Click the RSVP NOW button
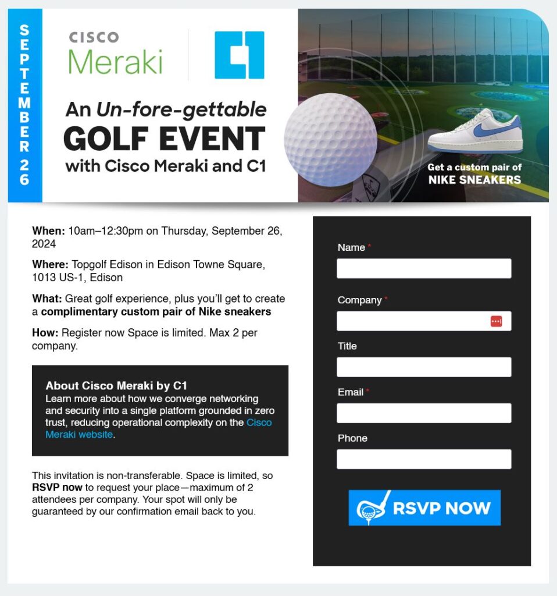pos(424,508)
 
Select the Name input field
pos(423,268)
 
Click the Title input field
pos(423,367)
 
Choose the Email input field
pos(423,413)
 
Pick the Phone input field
pos(423,459)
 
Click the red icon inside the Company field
pos(496,321)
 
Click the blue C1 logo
pos(239,55)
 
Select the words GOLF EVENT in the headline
pos(164,139)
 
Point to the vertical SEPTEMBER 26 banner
pos(24,105)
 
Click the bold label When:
pos(48,230)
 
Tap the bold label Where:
pos(51,265)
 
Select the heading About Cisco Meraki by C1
pos(116,386)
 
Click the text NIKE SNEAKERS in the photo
pos(474,180)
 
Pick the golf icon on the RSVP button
pos(371,508)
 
